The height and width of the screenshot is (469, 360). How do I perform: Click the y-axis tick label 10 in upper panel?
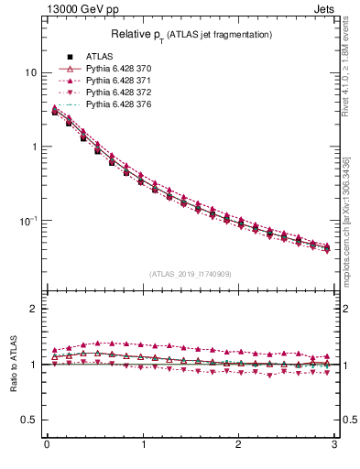(31, 72)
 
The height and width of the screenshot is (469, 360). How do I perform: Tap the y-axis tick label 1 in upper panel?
(35, 147)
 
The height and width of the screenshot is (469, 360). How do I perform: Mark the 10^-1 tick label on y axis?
(29, 221)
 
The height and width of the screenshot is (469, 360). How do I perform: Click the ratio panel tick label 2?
(35, 309)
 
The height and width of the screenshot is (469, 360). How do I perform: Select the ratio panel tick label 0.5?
(30, 420)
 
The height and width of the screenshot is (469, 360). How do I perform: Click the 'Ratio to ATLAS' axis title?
(12, 364)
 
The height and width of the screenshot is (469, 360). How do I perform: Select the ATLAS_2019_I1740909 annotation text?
(191, 274)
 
